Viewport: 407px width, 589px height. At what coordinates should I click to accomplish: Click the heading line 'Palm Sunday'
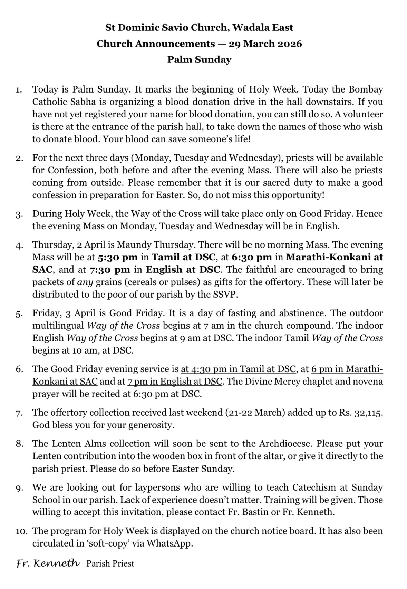point(199,60)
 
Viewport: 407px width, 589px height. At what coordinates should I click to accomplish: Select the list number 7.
point(19,413)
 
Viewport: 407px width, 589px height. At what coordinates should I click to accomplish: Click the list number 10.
point(22,531)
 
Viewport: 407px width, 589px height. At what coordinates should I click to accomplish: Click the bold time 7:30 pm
point(109,270)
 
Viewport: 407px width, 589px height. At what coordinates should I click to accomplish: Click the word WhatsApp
point(169,543)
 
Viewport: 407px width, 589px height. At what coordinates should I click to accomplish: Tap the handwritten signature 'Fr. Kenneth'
point(48,563)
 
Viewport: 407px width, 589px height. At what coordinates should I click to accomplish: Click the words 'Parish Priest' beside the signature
point(110,564)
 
